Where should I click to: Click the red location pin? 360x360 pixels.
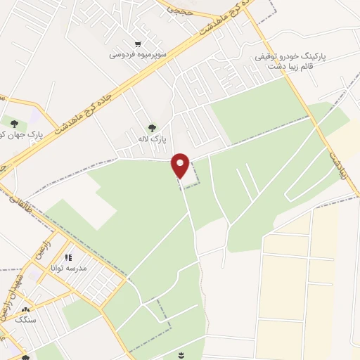tap(181, 166)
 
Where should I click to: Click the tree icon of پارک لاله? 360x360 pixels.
tap(152, 127)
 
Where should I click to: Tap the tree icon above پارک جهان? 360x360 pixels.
tap(13, 125)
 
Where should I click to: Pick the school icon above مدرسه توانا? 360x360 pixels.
tap(69, 258)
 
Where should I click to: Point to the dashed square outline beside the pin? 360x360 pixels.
tap(188, 173)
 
